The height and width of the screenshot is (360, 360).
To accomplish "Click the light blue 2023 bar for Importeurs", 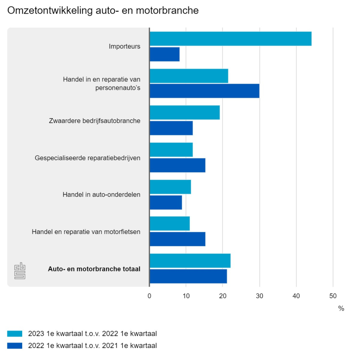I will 230,39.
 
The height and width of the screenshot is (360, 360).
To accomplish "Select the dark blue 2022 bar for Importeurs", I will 164,54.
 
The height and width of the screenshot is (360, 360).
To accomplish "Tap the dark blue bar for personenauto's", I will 204,91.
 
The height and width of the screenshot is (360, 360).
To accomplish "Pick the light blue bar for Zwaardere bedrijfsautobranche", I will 185,112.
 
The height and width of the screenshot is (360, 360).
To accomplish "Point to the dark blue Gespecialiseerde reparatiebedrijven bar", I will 177,165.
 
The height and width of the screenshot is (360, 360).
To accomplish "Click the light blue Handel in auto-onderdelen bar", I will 170,187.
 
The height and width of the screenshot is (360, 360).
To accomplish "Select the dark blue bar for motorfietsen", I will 177,239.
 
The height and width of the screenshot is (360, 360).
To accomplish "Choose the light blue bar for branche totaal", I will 190,261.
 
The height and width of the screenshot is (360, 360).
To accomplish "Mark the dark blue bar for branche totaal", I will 188,276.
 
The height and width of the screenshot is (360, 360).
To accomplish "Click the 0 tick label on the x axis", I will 150,295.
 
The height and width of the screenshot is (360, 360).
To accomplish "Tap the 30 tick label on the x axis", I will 259,295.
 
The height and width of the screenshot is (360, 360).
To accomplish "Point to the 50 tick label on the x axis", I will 333,295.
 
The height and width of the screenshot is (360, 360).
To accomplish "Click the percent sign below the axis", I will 341,309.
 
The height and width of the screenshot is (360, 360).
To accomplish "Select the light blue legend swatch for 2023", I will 15,334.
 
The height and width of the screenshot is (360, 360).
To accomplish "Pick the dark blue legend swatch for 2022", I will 15,346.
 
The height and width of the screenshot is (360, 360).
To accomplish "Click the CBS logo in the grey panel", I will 20,271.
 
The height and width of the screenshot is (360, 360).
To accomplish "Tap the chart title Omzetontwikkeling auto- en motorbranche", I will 103,11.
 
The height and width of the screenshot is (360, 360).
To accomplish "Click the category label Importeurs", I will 124,47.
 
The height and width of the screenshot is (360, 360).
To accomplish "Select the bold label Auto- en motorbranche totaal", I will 94,269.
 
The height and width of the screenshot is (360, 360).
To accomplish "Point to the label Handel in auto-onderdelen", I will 101,194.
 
